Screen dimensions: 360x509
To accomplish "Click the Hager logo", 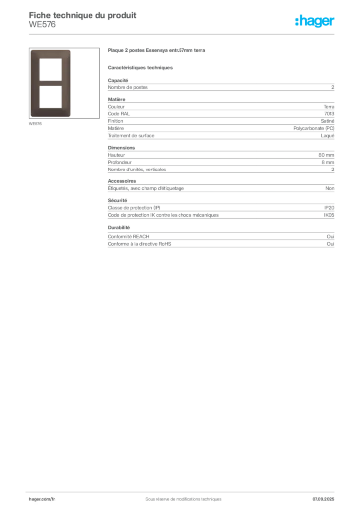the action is coord(315,21).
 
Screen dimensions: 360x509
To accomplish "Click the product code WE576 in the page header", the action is coord(42,25).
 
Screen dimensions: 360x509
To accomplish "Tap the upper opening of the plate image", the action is coord(50,70).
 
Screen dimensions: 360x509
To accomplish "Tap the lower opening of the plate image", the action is coord(50,97).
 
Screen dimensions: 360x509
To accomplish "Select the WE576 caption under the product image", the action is coord(35,124).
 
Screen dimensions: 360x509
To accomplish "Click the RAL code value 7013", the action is coord(329,114).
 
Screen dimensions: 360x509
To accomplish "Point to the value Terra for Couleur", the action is coord(329,107).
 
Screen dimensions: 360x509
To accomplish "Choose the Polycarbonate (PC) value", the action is coord(314,128).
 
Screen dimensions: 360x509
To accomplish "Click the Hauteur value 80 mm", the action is coord(326,155).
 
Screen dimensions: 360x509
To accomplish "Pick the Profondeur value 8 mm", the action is coord(328,162).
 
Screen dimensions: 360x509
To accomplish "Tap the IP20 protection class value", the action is coord(329,208).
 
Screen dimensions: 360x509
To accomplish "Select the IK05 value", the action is coord(329,215).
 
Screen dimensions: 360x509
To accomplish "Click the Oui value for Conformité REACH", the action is coord(331,236).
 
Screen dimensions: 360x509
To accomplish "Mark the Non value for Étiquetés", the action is coord(330,188).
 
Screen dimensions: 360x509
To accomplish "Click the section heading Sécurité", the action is coord(117,201).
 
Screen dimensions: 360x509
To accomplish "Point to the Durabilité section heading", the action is coord(119,228).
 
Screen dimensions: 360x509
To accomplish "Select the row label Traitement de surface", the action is coord(131,135).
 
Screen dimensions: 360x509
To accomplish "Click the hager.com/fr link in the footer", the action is coord(42,499).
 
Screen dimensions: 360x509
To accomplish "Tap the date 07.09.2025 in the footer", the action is coord(323,499).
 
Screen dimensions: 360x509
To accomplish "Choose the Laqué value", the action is coord(328,136).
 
